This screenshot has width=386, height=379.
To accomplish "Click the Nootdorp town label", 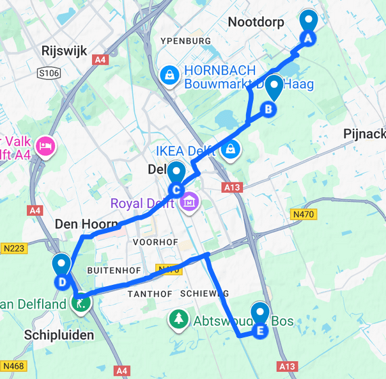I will [256, 22].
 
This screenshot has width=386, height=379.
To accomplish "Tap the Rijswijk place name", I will [63, 51].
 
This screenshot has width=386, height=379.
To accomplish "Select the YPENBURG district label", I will [186, 41].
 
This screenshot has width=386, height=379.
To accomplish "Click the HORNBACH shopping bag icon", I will [169, 76].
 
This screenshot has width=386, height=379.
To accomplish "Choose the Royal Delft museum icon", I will [189, 204].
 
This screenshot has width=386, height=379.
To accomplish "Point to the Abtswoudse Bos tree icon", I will [177, 318].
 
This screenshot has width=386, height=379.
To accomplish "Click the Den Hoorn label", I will [86, 224].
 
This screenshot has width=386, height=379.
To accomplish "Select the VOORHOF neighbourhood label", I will [152, 243].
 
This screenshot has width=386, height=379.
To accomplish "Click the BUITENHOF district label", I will [113, 270].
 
